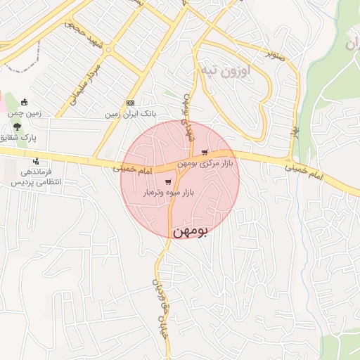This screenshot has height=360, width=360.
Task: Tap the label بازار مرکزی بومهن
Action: coord(205,163)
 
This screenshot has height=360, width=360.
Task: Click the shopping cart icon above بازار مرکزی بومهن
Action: coord(205,153)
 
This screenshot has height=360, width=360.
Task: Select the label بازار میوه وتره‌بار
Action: coord(169,192)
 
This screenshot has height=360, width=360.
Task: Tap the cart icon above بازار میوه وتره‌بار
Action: coord(168,182)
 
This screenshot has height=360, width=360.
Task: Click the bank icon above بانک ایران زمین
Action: coord(129,103)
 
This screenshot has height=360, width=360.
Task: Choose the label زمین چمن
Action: coord(25,112)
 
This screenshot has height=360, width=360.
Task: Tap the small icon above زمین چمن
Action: coord(25,102)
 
